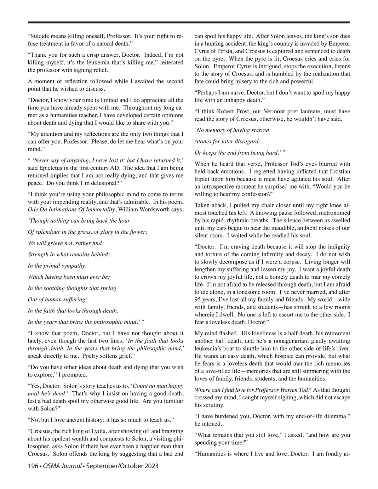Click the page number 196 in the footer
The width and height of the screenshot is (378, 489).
coord(32,466)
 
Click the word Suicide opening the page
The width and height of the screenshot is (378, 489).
coord(40,36)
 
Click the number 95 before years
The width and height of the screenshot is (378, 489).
coord(198,299)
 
